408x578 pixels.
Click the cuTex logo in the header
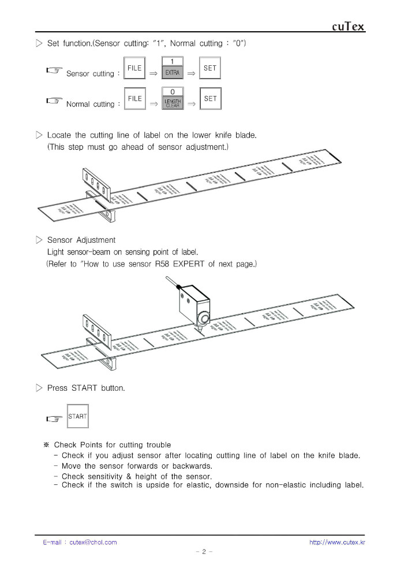349,27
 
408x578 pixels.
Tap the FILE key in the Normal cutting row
134,99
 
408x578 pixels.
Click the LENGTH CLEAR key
173,102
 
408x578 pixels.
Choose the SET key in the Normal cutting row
210,99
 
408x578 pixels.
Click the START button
77,417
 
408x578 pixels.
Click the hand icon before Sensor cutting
55,71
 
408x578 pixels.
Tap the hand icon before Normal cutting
55,101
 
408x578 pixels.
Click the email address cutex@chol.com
93,542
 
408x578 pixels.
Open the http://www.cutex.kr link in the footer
337,542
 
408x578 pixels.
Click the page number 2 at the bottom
204,552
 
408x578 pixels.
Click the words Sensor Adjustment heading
81,240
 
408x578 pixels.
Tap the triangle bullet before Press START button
39,388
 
